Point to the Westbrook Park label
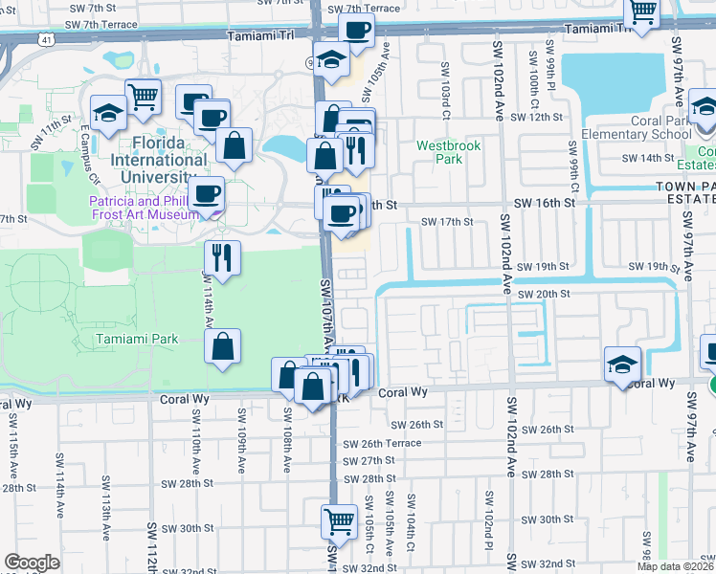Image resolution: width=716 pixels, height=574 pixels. coord(448,153)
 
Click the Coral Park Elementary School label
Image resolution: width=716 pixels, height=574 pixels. coord(646,127)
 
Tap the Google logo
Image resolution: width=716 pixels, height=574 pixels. coord(32,563)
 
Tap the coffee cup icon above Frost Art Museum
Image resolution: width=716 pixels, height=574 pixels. coord(206,194)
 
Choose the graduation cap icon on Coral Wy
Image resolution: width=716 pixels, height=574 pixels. coord(622,365)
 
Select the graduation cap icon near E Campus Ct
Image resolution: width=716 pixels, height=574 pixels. coord(109,113)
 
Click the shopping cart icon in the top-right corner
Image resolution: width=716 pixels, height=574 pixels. coord(642,12)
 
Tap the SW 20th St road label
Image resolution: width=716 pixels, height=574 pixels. coord(544,294)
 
